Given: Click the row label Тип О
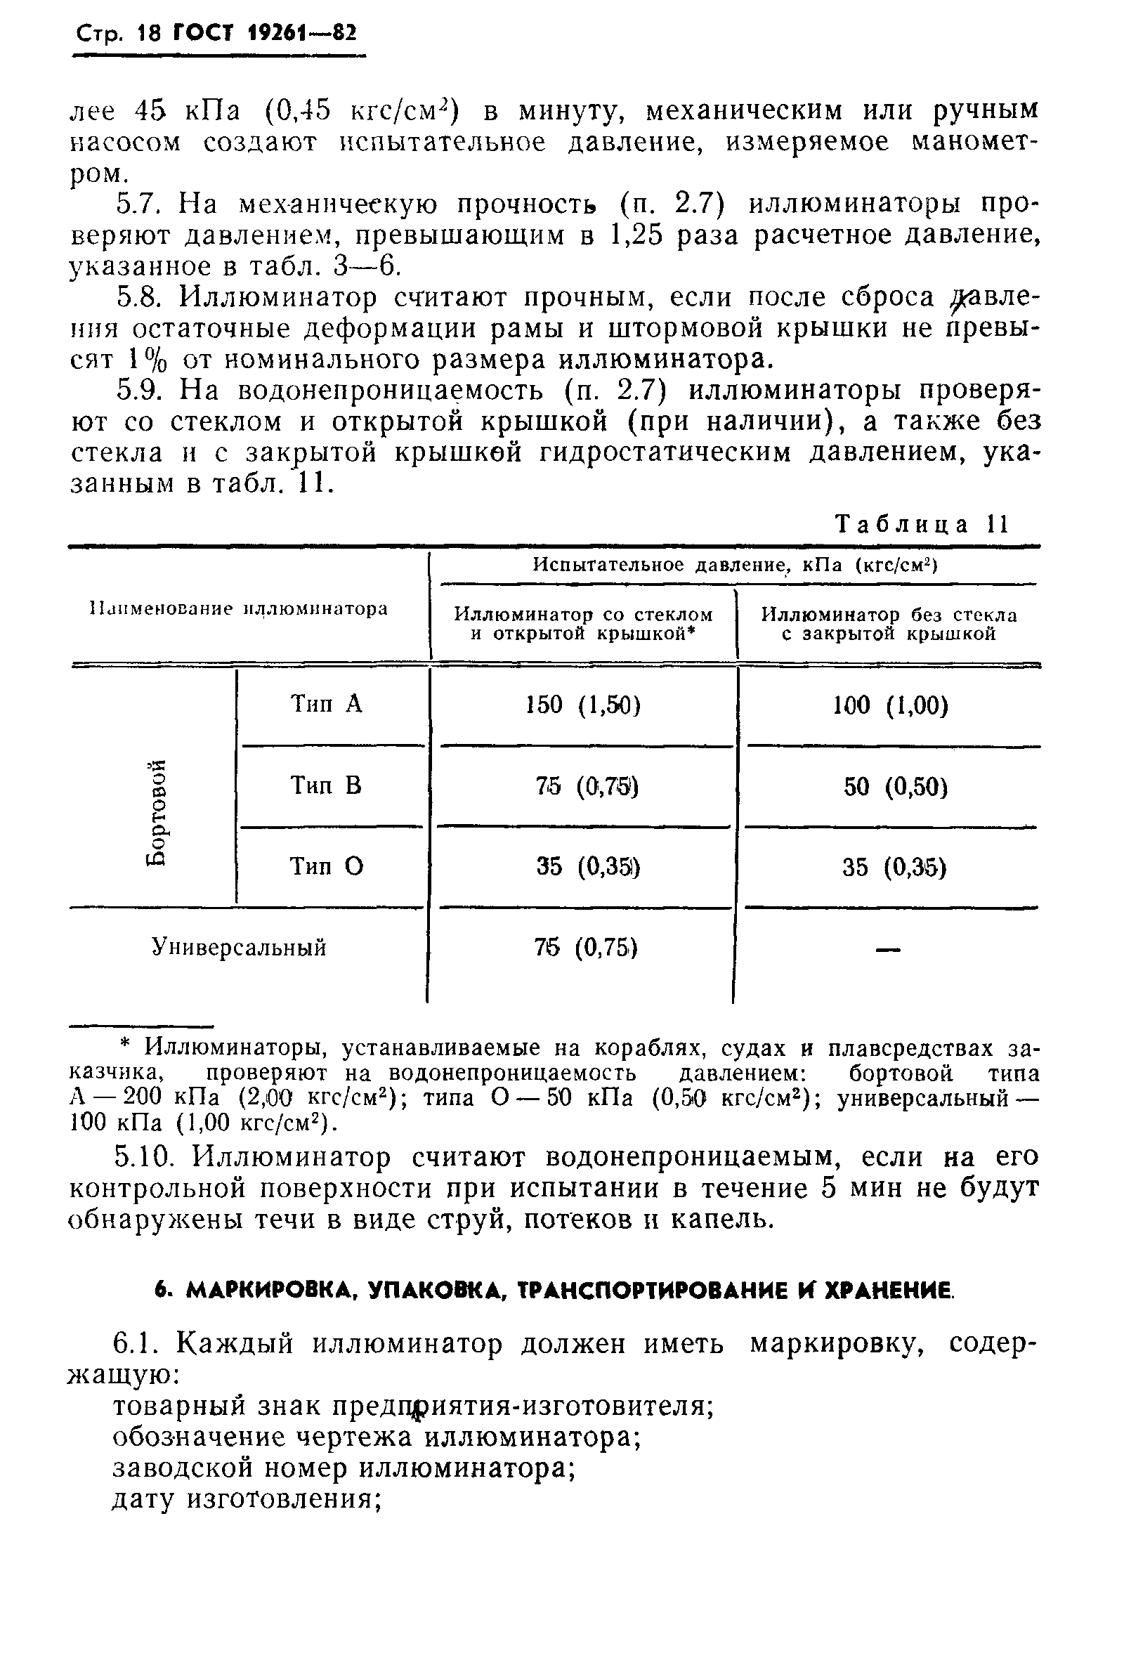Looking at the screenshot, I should (x=326, y=867).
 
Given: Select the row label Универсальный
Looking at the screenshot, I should (x=240, y=948).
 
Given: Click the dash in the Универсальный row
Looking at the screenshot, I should (x=888, y=950).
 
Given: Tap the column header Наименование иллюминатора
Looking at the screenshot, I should (x=239, y=609).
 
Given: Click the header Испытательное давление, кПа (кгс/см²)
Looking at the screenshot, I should (x=735, y=565).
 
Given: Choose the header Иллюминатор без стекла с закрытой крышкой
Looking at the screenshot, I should (x=888, y=624).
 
